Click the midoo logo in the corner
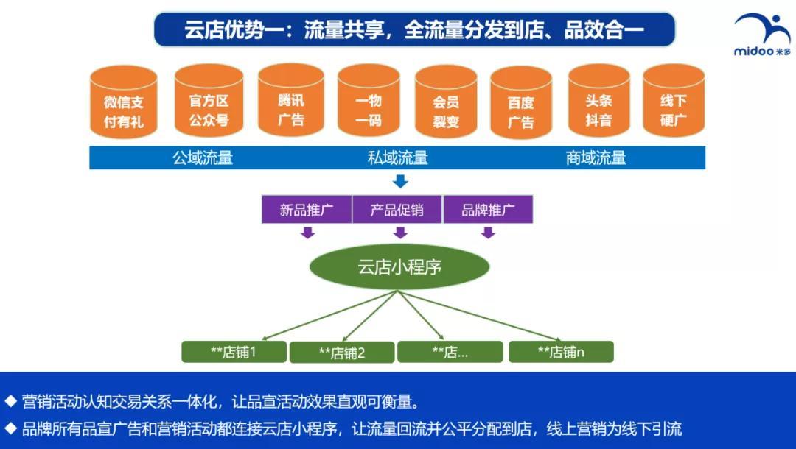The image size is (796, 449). point(761,34)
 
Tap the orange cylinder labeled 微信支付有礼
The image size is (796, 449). point(124,103)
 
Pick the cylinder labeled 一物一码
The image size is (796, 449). point(369,102)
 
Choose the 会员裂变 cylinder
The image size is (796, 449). point(446,103)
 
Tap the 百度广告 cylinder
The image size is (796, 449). point(521,104)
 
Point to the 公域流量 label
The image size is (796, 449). point(203,158)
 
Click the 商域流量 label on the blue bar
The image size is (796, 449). point(596,158)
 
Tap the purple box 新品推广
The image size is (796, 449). point(307,210)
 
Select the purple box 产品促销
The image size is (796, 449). point(397,210)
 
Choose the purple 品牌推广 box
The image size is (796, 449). point(487,210)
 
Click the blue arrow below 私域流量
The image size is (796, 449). point(399,180)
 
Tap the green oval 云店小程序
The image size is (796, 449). point(399,266)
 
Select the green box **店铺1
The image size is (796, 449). point(234,352)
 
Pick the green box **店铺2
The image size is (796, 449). point(341,353)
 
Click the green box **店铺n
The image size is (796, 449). point(561,352)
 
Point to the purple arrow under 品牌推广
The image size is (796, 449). point(488,233)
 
